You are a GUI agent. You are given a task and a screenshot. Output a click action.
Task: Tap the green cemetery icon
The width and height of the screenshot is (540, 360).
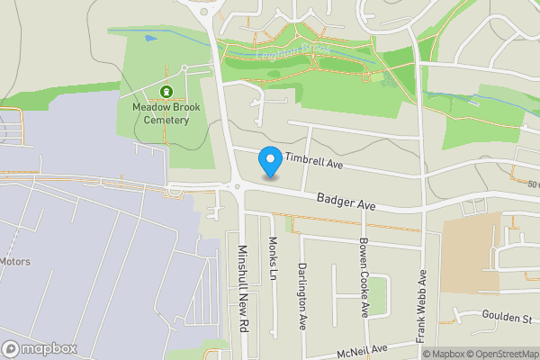(166, 92)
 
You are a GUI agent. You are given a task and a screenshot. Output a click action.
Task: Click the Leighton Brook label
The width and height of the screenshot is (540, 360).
(294, 51)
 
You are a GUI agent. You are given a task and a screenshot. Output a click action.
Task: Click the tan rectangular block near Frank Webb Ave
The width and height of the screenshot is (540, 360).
(470, 251)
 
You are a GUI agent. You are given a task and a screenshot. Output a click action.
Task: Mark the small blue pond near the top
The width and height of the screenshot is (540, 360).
(149, 39)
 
